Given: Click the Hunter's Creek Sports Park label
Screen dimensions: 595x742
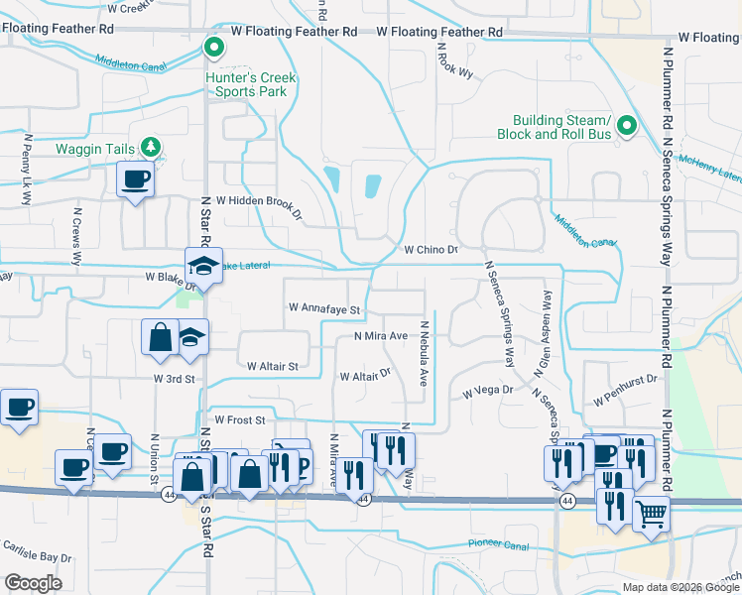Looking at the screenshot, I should [246, 84].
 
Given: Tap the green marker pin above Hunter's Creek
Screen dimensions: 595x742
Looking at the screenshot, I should [212, 47].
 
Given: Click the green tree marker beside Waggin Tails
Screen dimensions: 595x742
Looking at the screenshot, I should [151, 148].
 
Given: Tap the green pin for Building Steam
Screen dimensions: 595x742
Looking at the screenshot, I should [626, 127].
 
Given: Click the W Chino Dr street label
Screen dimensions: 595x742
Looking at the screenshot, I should [431, 250].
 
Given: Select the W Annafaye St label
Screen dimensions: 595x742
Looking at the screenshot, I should [323, 308].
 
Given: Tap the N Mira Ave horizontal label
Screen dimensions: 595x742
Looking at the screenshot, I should [382, 336].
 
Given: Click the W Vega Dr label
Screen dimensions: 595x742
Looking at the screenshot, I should [487, 392].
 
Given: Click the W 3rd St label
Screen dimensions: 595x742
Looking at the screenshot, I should [175, 379].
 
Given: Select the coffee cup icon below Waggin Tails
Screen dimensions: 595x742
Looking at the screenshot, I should [135, 180].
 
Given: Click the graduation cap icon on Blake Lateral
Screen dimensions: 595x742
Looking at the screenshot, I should [205, 266].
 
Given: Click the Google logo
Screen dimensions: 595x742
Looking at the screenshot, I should [33, 583].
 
